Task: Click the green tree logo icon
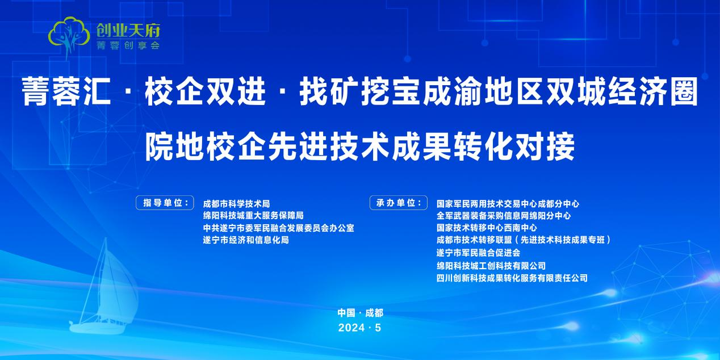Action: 69,36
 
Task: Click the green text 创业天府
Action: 128,31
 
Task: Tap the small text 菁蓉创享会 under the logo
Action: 128,45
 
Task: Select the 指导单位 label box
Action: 165,203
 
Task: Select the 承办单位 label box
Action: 399,203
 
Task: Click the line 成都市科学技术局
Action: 237,204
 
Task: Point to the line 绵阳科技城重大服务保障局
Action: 253,215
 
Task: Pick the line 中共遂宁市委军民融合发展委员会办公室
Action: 278,228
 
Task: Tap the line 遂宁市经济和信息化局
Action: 246,240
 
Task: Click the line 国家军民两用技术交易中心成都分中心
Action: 508,204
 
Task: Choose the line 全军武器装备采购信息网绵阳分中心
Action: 504,215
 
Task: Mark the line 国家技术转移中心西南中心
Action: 487,228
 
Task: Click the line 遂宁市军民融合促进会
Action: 478,253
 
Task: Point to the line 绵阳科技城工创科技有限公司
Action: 491,266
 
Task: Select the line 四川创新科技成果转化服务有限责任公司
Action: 512,278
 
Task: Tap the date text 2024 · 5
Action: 359,328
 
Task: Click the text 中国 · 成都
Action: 361,313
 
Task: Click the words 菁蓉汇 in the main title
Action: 66,91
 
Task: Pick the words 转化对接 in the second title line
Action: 514,147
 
